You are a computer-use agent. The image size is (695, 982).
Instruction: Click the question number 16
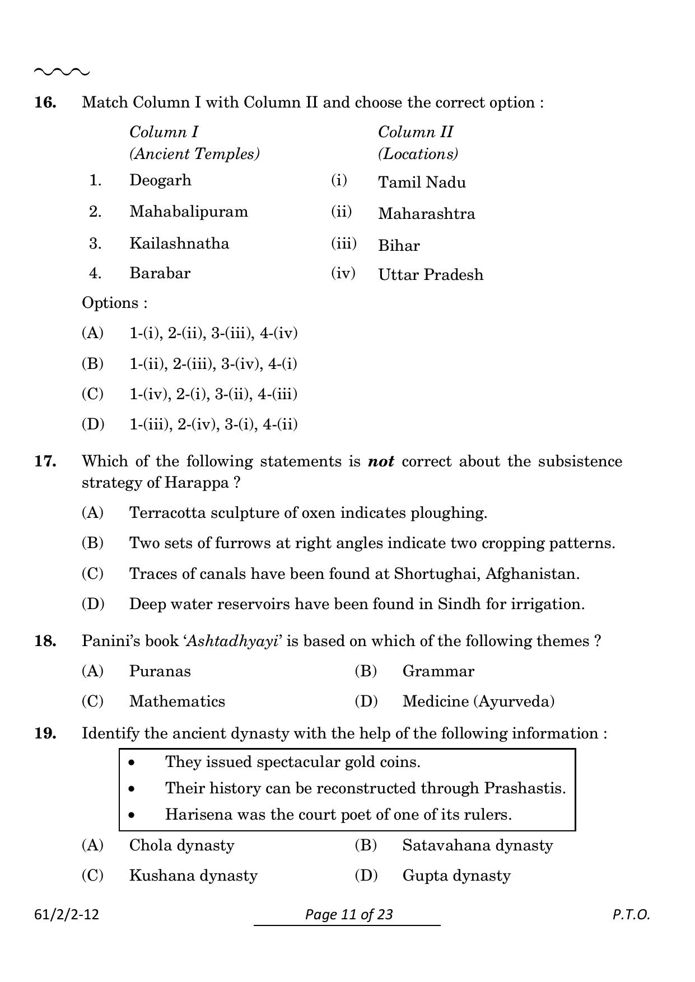tap(45, 102)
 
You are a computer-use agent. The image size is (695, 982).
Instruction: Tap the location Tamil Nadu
tap(422, 183)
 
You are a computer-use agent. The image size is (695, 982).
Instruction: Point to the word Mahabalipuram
tap(188, 212)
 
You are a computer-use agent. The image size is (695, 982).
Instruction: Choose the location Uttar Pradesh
tap(430, 275)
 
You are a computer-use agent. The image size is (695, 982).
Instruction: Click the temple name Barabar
tap(160, 273)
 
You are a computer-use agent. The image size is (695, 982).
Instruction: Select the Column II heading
tap(416, 132)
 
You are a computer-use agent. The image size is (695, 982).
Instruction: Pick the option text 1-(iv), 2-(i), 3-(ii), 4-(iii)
tap(213, 394)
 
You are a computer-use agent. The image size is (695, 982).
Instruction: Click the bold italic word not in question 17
tap(381, 461)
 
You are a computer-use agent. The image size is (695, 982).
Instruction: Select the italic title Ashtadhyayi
tap(232, 641)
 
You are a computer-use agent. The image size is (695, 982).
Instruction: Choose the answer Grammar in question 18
tap(438, 671)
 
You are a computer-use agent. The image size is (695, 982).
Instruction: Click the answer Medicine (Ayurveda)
tap(478, 702)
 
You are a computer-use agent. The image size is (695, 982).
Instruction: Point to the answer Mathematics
tap(177, 702)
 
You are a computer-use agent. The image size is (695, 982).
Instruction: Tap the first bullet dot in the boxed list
tap(132, 763)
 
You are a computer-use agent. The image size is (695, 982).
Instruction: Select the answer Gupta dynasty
tap(456, 876)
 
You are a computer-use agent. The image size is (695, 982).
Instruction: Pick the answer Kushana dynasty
tap(193, 876)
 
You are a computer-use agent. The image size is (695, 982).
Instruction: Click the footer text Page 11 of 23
tap(349, 914)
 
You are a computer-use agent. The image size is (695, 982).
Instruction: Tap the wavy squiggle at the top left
tap(62, 72)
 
